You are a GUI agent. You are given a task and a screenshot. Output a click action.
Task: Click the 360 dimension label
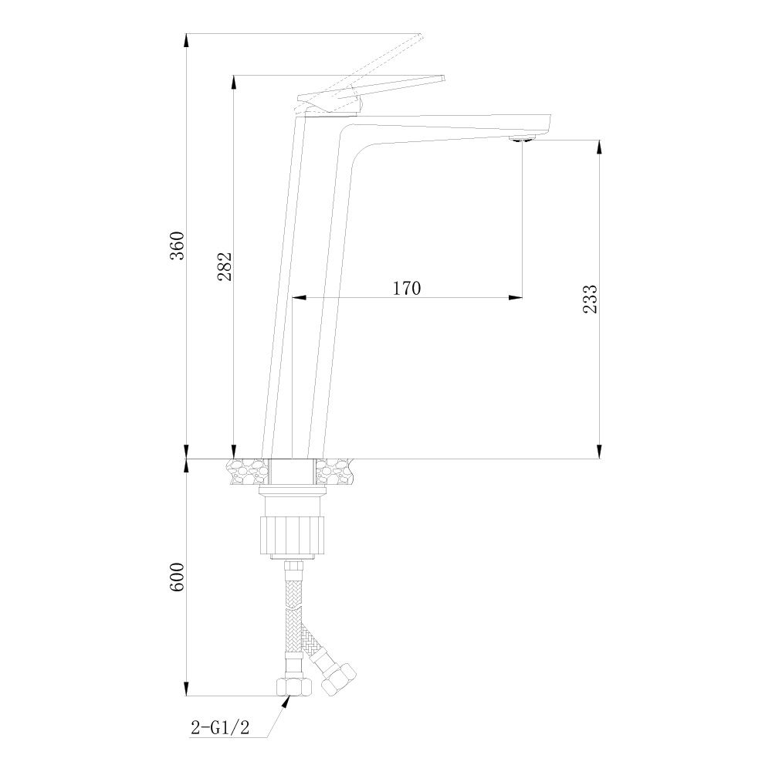click(177, 245)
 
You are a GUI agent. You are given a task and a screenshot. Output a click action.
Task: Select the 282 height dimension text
click(225, 266)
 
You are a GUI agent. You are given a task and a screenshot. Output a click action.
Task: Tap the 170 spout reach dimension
click(406, 288)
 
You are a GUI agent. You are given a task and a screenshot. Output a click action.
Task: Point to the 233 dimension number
click(591, 299)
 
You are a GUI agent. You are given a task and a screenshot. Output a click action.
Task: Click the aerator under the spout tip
click(522, 139)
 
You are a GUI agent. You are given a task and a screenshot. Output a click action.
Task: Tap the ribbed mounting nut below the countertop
click(293, 533)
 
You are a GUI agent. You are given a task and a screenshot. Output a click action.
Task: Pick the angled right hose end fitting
click(339, 678)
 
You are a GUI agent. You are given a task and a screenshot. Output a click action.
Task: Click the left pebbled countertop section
click(248, 471)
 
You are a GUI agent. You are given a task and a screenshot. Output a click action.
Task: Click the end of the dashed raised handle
click(420, 36)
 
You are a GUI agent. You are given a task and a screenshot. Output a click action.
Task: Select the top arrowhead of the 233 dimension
click(599, 147)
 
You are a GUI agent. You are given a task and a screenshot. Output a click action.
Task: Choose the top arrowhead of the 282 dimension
click(234, 83)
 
